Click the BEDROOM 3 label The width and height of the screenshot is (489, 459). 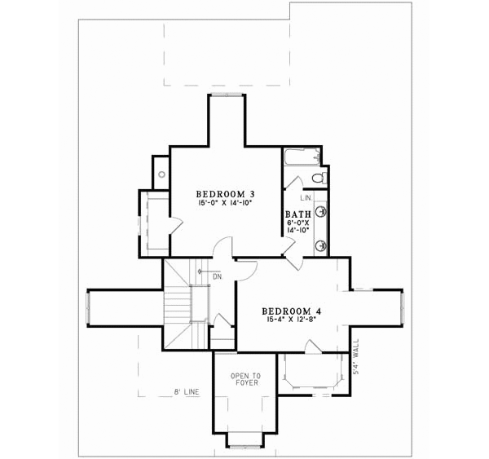tap(226, 193)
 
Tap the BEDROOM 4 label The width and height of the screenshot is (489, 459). tap(297, 311)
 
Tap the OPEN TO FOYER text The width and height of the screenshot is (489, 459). tap(245, 381)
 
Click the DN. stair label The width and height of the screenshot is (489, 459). tap(218, 276)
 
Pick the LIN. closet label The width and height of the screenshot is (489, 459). tap(306, 198)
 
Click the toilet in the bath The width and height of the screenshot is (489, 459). tap(319, 176)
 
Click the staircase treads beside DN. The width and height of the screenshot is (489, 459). tap(177, 310)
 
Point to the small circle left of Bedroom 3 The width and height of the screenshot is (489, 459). tap(162, 174)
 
